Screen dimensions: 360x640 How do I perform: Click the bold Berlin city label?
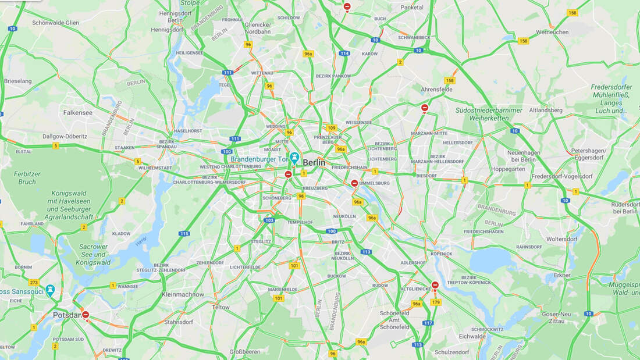[x=314, y=163]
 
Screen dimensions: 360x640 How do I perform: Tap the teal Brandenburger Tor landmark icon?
[x=294, y=157]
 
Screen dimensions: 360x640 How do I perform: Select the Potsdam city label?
[x=66, y=315]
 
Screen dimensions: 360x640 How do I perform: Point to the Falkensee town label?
[x=77, y=113]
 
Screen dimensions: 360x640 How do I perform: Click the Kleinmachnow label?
[x=183, y=294]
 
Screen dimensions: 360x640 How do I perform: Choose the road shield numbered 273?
[x=33, y=283]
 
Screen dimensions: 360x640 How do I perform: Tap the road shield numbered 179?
[x=436, y=302]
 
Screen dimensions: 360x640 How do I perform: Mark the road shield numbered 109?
[x=332, y=128]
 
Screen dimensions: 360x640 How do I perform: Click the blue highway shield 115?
[x=184, y=234]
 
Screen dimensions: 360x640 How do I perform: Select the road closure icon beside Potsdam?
[x=86, y=315]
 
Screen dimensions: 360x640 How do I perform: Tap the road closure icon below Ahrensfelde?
[x=425, y=108]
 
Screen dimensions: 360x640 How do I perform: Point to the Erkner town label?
[x=561, y=275]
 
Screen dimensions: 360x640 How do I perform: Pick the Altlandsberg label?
[x=546, y=110]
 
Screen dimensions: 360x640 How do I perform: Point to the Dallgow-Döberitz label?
[x=65, y=136]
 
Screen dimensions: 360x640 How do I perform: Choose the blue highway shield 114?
[x=345, y=53]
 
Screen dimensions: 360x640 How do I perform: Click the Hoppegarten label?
[x=508, y=169]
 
